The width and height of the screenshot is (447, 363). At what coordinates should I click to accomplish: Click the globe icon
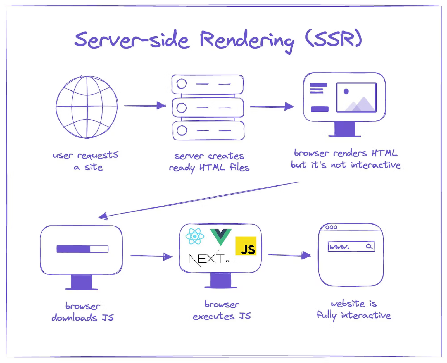87,107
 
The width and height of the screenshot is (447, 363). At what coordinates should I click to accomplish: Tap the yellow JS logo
246,246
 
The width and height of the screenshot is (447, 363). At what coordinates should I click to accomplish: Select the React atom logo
195,236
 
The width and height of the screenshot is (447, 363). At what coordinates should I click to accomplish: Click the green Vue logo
221,236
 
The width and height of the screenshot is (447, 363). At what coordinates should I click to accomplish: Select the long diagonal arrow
198,199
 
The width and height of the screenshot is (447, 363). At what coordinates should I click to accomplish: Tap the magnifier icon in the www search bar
369,247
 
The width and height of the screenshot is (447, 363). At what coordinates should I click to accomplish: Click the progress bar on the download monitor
82,249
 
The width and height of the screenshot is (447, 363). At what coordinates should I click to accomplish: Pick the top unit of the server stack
207,84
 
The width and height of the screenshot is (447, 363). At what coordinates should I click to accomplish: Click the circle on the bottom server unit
182,130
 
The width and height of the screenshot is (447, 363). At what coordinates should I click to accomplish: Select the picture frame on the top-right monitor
356,97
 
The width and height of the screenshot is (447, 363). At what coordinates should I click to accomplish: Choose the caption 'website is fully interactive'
354,309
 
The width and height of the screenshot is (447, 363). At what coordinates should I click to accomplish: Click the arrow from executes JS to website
289,255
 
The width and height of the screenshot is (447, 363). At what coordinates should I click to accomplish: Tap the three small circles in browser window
331,227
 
